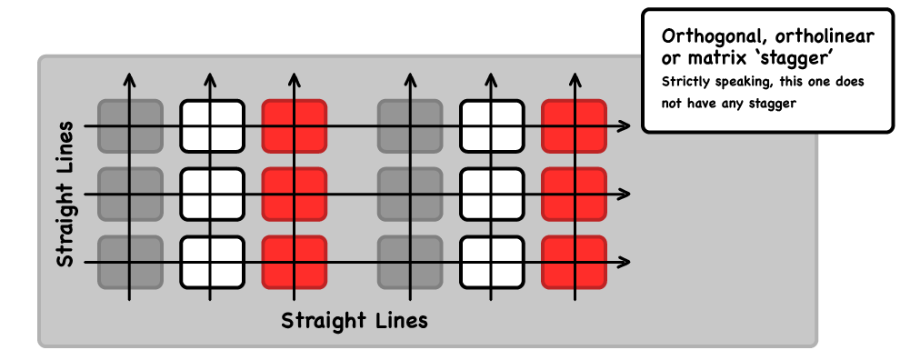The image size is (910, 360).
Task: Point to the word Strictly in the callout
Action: [687, 82]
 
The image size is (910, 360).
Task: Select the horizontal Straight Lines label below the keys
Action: [354, 320]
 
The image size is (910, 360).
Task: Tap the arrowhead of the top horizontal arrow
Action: [625, 125]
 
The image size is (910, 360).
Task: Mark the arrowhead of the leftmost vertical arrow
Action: [130, 77]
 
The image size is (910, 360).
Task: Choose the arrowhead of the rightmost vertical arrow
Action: [573, 77]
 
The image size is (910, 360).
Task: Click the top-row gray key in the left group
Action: [130, 125]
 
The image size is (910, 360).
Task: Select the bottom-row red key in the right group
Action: [573, 263]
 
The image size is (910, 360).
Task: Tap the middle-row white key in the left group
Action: [212, 194]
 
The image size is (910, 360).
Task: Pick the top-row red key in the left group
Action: [294, 125]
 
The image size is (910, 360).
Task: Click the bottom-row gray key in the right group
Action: [409, 263]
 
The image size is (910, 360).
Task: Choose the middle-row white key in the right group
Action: [491, 194]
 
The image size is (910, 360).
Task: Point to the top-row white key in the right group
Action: [491, 125]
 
